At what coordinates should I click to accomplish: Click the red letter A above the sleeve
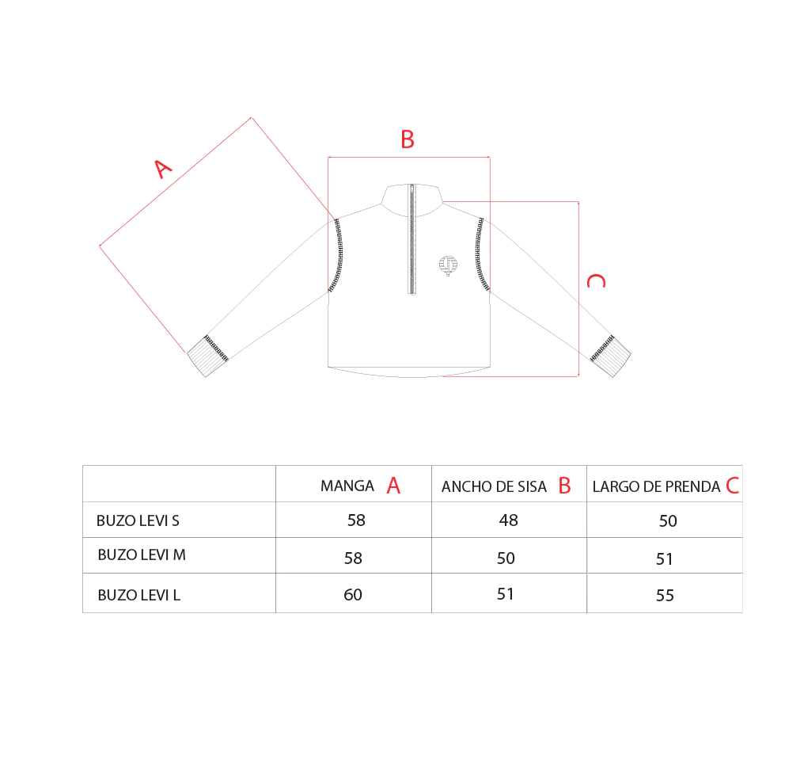coord(163,169)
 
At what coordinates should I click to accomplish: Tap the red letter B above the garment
coord(408,139)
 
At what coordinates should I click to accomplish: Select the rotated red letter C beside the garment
coord(597,281)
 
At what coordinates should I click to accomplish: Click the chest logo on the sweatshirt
coord(448,265)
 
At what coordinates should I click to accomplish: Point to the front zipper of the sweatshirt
coord(411,239)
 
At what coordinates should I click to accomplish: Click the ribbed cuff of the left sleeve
coord(207,356)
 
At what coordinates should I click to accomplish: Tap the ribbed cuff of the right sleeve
coord(611,356)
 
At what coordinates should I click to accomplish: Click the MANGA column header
coord(347,486)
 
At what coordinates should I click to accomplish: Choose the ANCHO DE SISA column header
coord(494,486)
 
